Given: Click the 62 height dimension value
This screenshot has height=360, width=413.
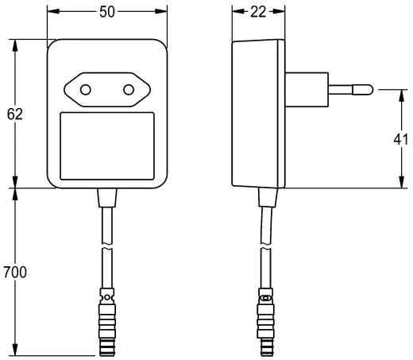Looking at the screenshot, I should (14, 114).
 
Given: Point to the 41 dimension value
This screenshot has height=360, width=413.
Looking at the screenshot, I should (400, 140).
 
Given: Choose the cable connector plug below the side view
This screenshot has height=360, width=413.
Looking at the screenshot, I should (265, 323).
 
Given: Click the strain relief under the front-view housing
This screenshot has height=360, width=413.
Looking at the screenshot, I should (107, 197).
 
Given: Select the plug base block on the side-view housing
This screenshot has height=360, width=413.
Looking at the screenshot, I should (304, 88).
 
